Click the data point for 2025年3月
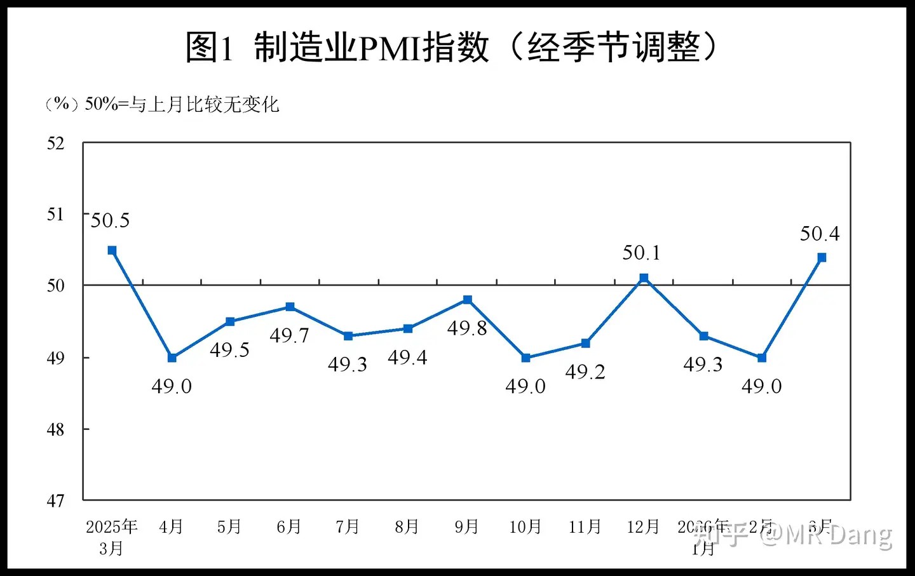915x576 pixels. point(112,250)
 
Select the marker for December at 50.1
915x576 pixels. point(644,278)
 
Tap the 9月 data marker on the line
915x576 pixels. point(468,300)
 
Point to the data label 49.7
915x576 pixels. point(289,335)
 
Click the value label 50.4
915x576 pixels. point(820,234)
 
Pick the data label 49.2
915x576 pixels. point(585,372)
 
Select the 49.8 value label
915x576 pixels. point(467,328)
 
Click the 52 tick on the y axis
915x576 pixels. point(56,143)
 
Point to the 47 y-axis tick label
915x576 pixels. point(56,501)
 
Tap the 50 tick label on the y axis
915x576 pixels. point(56,286)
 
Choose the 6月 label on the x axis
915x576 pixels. point(289,526)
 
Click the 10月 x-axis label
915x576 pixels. point(525,526)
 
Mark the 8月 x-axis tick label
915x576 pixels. point(407,526)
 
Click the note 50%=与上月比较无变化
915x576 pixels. point(182,104)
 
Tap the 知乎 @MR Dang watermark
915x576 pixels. point(794,535)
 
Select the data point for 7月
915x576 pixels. point(348,336)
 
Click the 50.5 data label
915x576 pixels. point(110,220)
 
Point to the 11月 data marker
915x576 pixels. point(586,343)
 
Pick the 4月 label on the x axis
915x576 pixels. point(171,526)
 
